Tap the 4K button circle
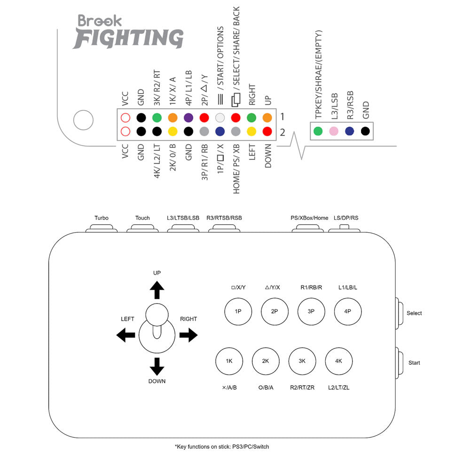[338, 361]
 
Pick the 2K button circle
[266, 361]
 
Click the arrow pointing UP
[157, 290]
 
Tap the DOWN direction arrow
[157, 366]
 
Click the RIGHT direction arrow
[188, 335]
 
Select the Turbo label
[101, 218]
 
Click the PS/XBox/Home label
[309, 218]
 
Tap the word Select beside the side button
[414, 313]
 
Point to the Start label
[414, 363]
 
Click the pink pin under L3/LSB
[334, 131]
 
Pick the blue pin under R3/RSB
[349, 131]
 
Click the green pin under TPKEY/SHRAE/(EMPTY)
[318, 131]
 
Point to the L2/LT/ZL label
[338, 388]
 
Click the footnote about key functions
[222, 446]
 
